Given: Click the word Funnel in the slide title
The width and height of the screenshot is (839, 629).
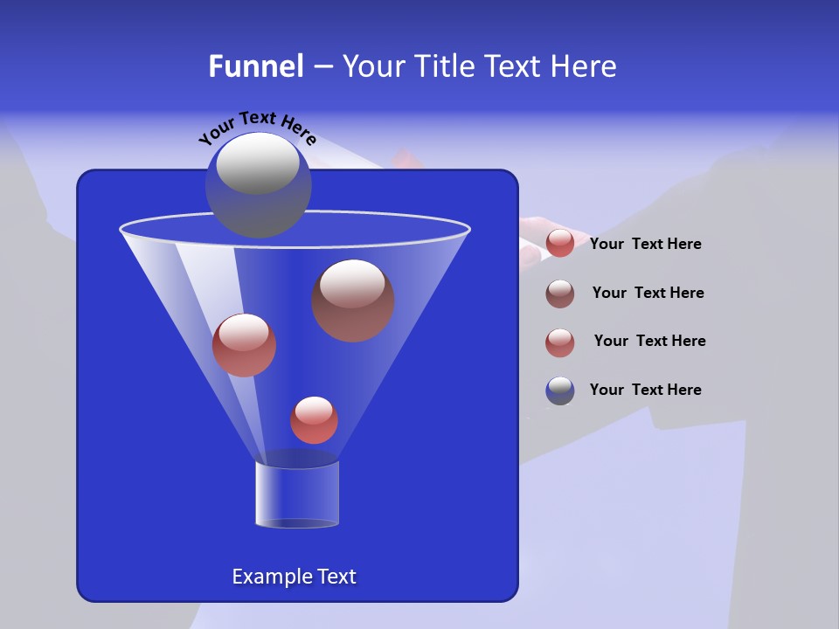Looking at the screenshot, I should pyautogui.click(x=255, y=66).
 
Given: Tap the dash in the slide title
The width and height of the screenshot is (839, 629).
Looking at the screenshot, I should pyautogui.click(x=322, y=66).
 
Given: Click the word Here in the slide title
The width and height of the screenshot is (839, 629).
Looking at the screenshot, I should pyautogui.click(x=583, y=66).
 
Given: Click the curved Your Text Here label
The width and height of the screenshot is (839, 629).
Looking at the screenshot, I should pyautogui.click(x=257, y=127).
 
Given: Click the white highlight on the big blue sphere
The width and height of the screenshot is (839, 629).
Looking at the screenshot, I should pyautogui.click(x=258, y=164).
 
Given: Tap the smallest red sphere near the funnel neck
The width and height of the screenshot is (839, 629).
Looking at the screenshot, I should pyautogui.click(x=314, y=421).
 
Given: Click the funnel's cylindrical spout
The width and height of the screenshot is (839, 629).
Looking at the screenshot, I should pyautogui.click(x=296, y=494).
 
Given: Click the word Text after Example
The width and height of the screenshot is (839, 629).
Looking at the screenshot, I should pyautogui.click(x=336, y=577).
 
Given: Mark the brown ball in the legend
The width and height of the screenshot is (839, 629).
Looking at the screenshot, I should pyautogui.click(x=560, y=294).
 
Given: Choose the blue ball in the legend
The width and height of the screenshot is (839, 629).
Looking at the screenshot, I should pyautogui.click(x=560, y=391).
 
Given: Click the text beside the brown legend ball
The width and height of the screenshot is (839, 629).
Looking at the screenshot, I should pyautogui.click(x=648, y=293).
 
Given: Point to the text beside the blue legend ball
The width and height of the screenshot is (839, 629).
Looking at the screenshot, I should pyautogui.click(x=645, y=390).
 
